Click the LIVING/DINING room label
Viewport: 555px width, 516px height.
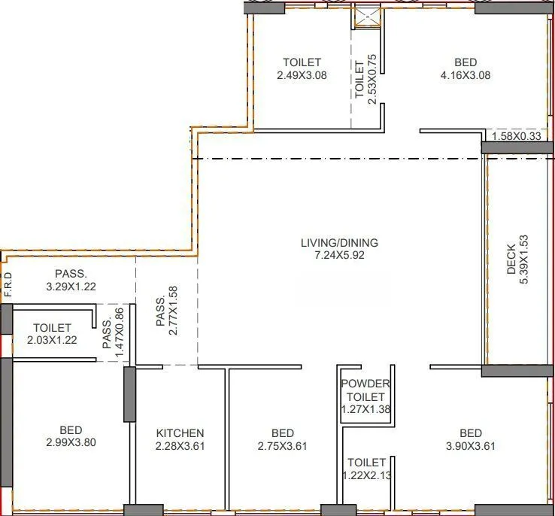pos(339,243)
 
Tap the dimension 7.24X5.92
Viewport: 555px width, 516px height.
pos(339,256)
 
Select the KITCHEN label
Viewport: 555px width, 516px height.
pos(180,433)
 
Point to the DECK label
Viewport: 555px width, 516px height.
pos(511,260)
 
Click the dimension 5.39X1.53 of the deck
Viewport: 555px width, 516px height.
pos(524,260)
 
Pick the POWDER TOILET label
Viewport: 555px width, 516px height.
pos(366,390)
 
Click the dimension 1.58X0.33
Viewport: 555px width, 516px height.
pos(516,136)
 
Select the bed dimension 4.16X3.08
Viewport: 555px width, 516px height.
pos(466,75)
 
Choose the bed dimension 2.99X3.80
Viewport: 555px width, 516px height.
pos(71,442)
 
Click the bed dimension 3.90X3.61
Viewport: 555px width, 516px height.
pos(470,446)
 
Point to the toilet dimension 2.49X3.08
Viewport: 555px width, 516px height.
pos(302,75)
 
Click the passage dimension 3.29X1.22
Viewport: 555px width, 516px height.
pos(71,287)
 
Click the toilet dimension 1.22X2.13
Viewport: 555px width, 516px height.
pos(366,475)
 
